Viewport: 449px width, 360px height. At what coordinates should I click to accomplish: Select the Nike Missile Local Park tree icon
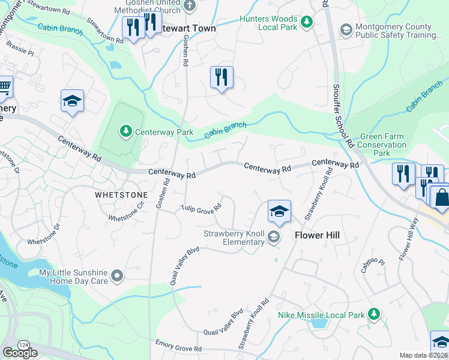374,314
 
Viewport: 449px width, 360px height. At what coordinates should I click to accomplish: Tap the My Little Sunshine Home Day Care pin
117,276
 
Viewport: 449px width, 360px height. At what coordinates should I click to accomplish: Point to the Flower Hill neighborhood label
317,235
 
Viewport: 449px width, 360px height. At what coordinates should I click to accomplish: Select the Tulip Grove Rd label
202,208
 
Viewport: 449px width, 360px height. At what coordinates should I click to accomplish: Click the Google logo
20,353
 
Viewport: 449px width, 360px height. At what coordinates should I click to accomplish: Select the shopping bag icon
441,199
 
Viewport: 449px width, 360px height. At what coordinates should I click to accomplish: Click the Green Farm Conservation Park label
382,145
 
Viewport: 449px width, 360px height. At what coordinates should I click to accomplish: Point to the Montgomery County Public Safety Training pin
346,29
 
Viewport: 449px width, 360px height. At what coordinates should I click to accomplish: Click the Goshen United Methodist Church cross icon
190,6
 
